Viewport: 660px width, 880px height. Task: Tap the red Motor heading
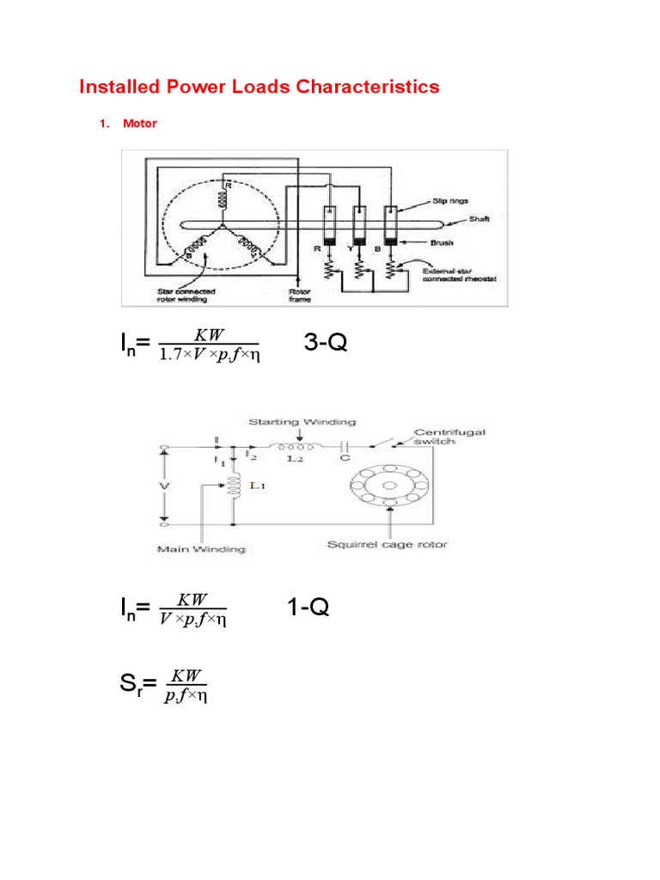(x=139, y=124)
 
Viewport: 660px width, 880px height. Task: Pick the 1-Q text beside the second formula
(x=308, y=608)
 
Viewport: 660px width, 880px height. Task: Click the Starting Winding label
(x=302, y=422)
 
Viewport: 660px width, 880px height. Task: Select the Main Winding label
(x=189, y=547)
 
